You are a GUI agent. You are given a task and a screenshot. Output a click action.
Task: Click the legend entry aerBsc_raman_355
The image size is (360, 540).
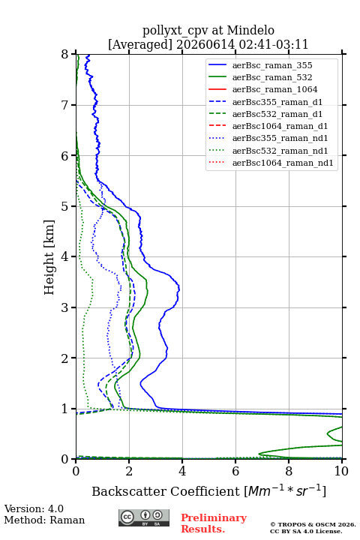[272, 65]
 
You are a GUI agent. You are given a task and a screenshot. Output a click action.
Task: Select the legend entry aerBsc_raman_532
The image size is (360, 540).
[272, 77]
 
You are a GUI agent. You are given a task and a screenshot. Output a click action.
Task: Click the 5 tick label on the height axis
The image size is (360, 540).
[64, 207]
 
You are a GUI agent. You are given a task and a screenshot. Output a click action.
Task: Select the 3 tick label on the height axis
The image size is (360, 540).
[64, 307]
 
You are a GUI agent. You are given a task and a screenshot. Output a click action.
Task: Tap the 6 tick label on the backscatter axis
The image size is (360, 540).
[235, 471]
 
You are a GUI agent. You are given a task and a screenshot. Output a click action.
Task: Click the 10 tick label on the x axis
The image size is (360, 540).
[341, 471]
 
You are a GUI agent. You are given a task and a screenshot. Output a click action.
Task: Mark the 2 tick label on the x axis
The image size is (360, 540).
[129, 471]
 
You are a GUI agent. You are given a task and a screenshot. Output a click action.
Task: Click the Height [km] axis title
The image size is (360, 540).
[49, 257]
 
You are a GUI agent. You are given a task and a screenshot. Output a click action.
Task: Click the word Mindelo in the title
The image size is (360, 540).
[250, 31]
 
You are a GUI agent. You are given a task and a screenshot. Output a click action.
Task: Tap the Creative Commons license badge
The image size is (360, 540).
[144, 517]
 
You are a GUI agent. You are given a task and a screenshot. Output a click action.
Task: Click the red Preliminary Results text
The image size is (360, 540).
[214, 523]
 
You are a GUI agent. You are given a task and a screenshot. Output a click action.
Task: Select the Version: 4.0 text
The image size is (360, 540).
[34, 508]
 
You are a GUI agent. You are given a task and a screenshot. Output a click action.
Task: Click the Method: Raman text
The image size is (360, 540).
[44, 520]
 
